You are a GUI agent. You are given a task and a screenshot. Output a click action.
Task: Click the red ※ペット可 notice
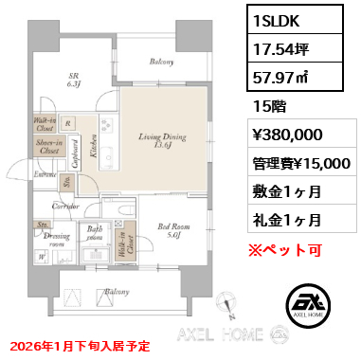285,224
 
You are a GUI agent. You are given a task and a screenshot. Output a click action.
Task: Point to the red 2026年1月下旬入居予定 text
77,348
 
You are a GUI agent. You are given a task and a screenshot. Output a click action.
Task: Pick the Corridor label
64,205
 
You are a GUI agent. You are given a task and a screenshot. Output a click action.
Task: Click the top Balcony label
161,63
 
